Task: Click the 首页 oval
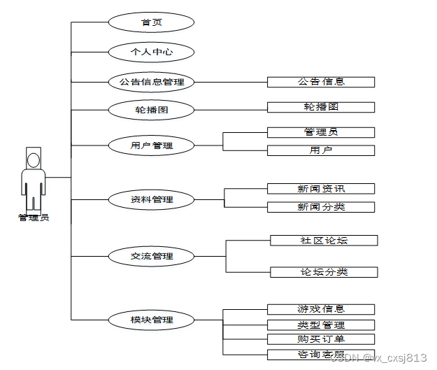[x=151, y=22]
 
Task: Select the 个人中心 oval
[x=151, y=52]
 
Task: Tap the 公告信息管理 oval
[x=151, y=82]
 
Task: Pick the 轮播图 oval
[x=151, y=110]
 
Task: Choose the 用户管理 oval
[x=151, y=145]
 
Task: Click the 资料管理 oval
[x=151, y=199]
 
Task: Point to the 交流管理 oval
[x=151, y=256]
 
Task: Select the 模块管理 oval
[x=151, y=320]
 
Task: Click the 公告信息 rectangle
[x=321, y=82]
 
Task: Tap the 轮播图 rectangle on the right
[x=321, y=107]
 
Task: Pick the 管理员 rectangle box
[x=321, y=132]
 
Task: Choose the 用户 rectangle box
[x=321, y=150]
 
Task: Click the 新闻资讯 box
[x=321, y=188]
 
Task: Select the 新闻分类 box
[x=321, y=207]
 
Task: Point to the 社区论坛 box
[x=324, y=241]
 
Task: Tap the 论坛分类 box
[x=324, y=272]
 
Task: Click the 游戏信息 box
[x=321, y=309]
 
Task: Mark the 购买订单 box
[x=321, y=339]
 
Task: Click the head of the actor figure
[x=33, y=159]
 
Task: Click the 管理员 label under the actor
[x=33, y=218]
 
